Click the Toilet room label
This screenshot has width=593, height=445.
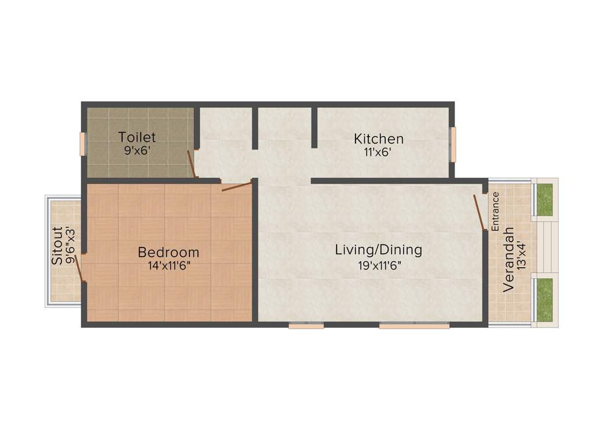[137, 137]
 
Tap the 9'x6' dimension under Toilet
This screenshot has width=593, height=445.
[137, 149]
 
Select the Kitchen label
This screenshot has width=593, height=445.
[379, 139]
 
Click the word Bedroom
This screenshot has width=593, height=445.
[169, 253]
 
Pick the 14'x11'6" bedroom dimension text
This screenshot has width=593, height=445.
[169, 265]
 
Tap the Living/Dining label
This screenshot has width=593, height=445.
[379, 250]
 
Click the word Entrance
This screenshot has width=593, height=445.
[496, 211]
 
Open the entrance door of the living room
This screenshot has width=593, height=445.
[479, 213]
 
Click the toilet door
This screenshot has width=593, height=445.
[191, 164]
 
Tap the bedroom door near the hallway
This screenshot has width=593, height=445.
[237, 186]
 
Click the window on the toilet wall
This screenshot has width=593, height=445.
[83, 144]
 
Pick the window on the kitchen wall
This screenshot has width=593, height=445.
[453, 144]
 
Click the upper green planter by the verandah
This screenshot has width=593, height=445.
[544, 199]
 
